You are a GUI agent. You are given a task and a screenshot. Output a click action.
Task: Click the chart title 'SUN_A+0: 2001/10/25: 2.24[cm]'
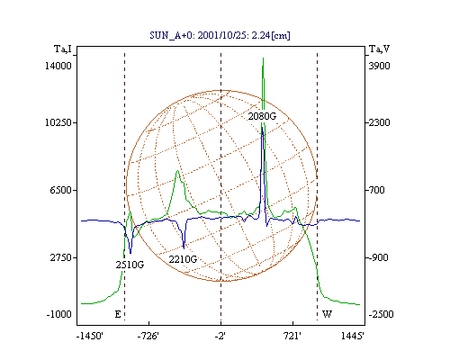[220, 35]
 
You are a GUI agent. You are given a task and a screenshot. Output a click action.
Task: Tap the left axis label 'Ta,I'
[63, 49]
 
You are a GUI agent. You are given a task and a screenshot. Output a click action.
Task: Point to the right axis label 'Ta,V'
[379, 49]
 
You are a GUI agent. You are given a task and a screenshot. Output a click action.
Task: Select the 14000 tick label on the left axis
[58, 66]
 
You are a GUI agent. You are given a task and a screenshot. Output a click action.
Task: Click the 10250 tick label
[58, 122]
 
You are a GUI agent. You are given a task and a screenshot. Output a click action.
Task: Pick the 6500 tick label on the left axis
[61, 190]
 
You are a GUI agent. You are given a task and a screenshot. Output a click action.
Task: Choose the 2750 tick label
[61, 257]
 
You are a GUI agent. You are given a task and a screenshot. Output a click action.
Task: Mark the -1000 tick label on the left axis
[59, 314]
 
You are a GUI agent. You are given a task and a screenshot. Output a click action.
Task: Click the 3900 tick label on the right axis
[379, 66]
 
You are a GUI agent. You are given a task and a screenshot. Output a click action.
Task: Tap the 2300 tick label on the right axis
[379, 122]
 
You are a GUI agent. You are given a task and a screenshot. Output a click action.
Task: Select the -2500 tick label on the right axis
[381, 314]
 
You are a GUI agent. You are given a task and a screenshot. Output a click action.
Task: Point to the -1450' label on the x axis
[90, 336]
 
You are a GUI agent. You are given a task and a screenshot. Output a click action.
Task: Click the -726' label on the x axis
[148, 336]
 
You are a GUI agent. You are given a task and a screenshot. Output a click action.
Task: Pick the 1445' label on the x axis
[353, 336]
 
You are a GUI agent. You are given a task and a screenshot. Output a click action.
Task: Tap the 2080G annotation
[262, 116]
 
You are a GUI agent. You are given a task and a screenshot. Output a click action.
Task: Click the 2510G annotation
[130, 265]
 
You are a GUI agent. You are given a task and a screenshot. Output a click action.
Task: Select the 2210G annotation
[183, 259]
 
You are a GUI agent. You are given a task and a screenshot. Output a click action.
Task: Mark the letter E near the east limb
[118, 314]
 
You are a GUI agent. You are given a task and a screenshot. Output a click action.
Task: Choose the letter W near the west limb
[327, 314]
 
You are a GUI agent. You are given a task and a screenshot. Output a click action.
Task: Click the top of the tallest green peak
[263, 58]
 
